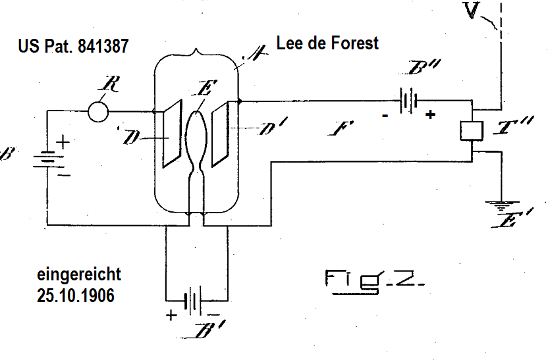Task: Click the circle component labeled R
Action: click(x=97, y=111)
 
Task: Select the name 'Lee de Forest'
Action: click(x=328, y=43)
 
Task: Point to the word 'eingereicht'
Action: click(x=80, y=274)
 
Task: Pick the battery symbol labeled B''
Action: click(x=408, y=102)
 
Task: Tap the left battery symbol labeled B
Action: click(x=45, y=159)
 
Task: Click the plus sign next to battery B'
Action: click(x=172, y=315)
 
